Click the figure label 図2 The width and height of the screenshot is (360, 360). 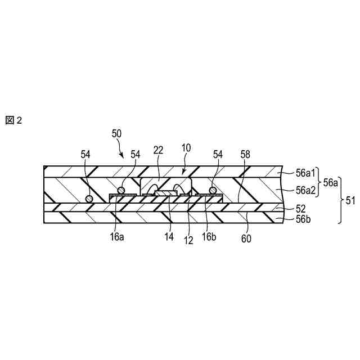click(x=14, y=120)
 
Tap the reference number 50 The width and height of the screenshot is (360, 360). click(x=117, y=134)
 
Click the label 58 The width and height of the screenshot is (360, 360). click(x=246, y=154)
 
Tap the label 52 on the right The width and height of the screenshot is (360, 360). click(x=301, y=208)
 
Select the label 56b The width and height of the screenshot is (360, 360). click(x=303, y=219)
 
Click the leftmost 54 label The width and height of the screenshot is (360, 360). click(x=85, y=154)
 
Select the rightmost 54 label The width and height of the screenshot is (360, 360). click(x=218, y=154)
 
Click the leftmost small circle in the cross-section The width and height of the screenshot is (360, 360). click(x=88, y=198)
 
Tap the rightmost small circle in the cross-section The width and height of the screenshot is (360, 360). click(x=213, y=190)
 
